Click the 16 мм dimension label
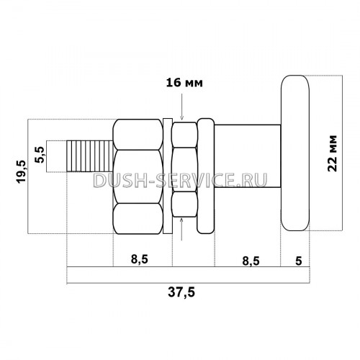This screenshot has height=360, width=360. [184, 83]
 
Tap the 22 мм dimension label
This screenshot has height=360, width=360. [333, 153]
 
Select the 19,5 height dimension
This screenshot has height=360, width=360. [21, 172]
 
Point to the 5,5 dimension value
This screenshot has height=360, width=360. [40, 155]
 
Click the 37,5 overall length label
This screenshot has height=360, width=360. [181, 292]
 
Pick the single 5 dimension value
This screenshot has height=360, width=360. [299, 261]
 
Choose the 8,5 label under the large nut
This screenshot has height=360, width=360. [140, 259]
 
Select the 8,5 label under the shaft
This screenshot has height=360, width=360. [251, 261]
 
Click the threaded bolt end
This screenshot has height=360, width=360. [90, 156]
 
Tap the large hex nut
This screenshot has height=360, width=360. [138, 176]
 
